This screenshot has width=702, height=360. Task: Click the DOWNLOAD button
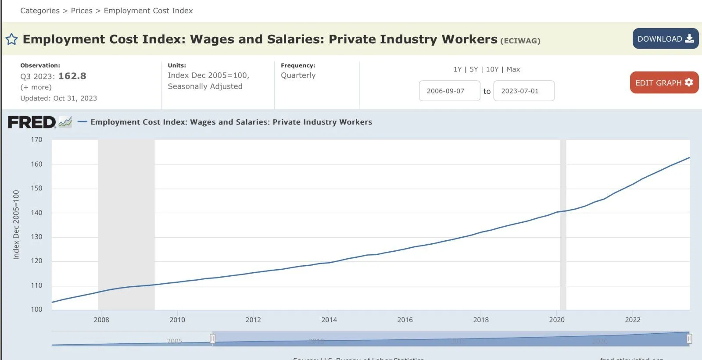tap(665, 39)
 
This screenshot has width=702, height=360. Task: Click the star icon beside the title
tap(12, 39)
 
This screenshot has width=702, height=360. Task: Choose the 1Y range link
tap(457, 69)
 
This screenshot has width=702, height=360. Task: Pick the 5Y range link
tap(473, 69)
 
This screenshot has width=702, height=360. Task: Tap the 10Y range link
tap(492, 69)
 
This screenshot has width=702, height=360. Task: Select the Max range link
tap(513, 69)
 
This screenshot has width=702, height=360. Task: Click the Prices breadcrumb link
tap(82, 11)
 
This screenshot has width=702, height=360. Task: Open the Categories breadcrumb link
tap(40, 11)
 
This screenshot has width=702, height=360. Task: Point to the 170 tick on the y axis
tap(36, 140)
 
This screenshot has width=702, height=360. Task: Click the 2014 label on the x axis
tap(329, 320)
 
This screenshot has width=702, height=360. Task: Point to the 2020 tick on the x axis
tap(557, 320)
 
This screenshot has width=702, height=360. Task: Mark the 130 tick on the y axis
tap(36, 237)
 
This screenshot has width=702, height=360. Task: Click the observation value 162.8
tap(72, 76)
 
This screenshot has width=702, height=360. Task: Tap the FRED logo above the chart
tap(32, 122)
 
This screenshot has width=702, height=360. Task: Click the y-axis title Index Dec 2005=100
tap(16, 225)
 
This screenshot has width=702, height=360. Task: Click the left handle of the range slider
tap(212, 339)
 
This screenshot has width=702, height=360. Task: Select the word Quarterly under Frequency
tap(298, 75)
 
